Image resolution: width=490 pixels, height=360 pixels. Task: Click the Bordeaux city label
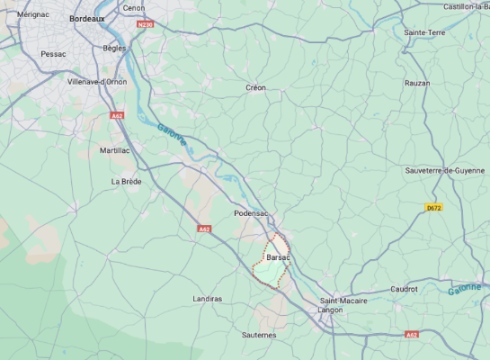tap(87, 18)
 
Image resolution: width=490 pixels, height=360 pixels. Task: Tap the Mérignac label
tap(33, 14)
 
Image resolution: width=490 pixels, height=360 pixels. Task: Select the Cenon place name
tap(134, 8)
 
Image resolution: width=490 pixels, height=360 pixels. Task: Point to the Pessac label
tap(54, 54)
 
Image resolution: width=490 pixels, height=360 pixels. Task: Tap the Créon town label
tap(256, 87)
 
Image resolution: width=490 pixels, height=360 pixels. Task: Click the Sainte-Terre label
tap(424, 32)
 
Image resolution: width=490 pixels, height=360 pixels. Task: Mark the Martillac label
tap(114, 150)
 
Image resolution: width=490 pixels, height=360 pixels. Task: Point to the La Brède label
tap(127, 181)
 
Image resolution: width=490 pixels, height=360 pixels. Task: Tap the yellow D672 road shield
tap(433, 207)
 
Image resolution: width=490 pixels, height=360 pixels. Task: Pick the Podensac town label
tap(252, 213)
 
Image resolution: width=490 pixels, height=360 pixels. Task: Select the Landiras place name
tap(208, 298)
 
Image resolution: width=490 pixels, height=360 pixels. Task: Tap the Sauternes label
tap(259, 334)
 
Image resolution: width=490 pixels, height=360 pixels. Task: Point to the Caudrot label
tap(405, 289)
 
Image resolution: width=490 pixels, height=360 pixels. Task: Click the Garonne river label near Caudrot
tap(464, 289)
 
